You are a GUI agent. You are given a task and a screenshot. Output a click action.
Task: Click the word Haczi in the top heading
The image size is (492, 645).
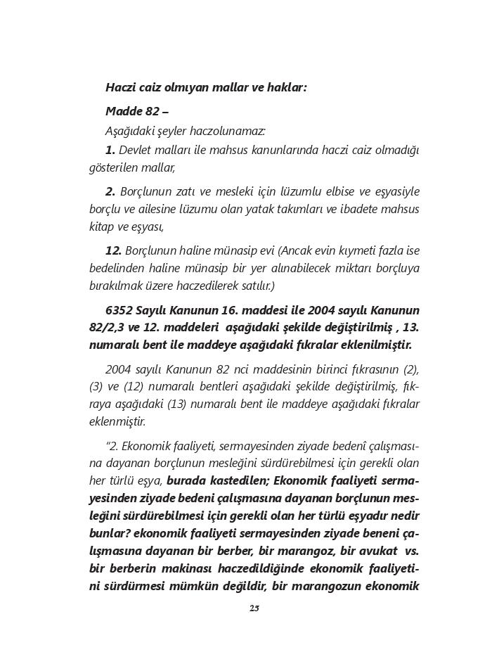pos(121,88)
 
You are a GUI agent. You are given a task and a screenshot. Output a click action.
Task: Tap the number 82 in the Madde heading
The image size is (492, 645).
pos(152,111)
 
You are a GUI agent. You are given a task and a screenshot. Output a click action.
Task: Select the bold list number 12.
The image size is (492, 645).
pos(113,251)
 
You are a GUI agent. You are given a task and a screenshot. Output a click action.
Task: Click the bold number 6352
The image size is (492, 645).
pos(119,310)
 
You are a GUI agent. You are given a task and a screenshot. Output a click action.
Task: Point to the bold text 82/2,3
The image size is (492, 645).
pos(110,328)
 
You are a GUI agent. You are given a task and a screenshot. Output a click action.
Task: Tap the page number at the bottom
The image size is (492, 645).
pos(254,608)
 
